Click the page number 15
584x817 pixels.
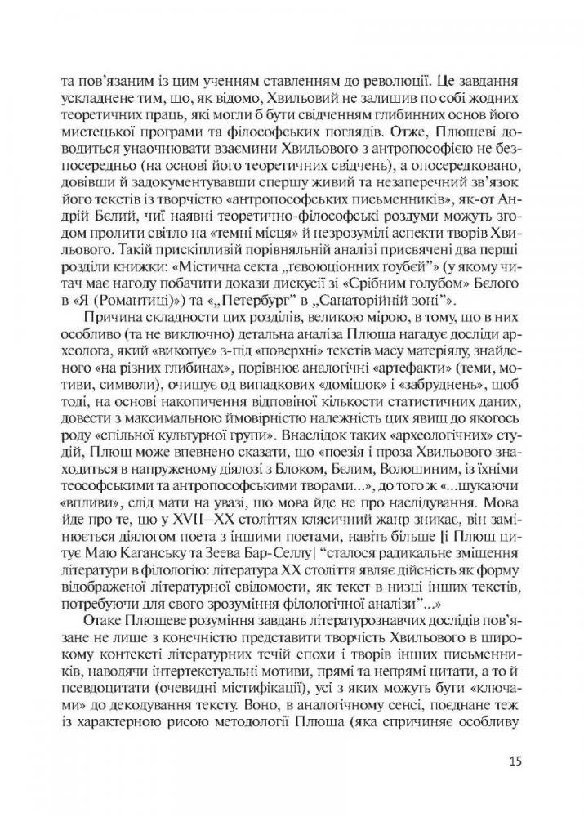coord(514,762)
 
